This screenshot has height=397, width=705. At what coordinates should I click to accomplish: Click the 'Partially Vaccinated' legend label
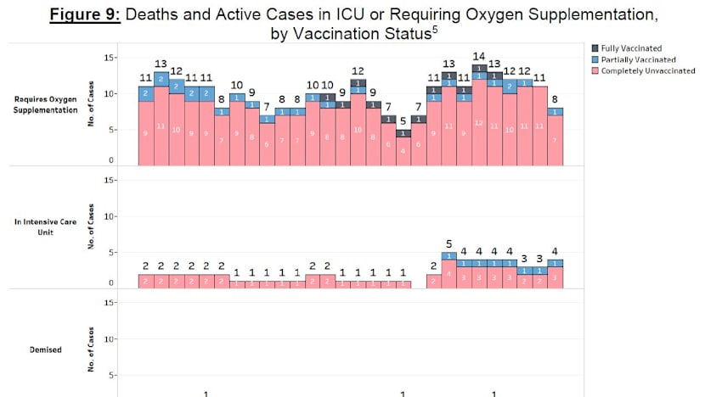(638, 60)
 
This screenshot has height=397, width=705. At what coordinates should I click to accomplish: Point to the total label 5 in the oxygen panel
(403, 121)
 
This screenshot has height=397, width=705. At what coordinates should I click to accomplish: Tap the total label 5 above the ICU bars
(448, 243)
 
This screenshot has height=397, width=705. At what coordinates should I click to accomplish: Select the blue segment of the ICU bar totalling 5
(448, 255)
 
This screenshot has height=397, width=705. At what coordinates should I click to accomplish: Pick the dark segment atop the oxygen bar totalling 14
(479, 68)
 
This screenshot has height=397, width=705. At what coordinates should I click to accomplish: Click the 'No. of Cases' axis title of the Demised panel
(91, 355)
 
